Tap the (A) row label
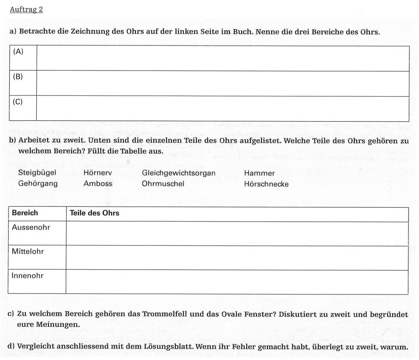(x=18, y=52)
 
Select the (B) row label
(x=18, y=77)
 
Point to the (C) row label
(x=18, y=102)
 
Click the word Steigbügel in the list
(x=37, y=173)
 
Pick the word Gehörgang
(x=38, y=184)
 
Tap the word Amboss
(x=98, y=184)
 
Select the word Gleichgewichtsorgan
(x=178, y=173)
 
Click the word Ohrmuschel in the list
(x=163, y=184)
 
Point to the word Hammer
(x=259, y=174)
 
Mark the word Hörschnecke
(x=266, y=184)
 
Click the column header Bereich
(x=25, y=213)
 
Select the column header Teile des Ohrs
(x=95, y=213)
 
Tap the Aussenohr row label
(x=31, y=227)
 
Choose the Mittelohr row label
(x=28, y=251)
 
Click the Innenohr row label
(x=28, y=276)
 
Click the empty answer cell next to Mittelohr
(x=237, y=258)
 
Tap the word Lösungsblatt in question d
(x=171, y=347)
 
